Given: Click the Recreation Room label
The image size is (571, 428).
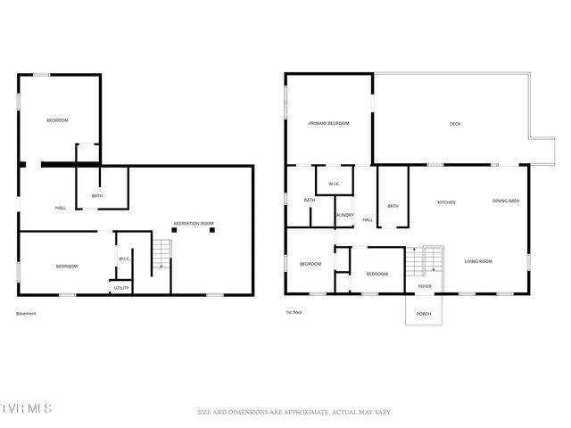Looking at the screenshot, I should coord(194,223).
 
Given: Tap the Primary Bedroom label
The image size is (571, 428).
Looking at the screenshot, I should coord(328,123).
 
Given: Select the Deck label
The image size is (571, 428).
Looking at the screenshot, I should coord(455,124).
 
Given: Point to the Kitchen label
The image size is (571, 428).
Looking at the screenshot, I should coord(446,202).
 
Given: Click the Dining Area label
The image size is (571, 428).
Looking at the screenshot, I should coord(506,202).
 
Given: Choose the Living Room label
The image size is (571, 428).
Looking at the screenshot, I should coord(478,261).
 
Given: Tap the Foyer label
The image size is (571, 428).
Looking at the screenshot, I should coord(425,286).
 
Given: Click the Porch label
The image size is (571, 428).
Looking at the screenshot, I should coord(424,314).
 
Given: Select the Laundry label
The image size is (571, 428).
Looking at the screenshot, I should coord(344,215).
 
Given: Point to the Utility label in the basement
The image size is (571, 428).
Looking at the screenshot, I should coord(121,288).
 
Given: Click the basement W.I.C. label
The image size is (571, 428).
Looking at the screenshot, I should coord(125,259).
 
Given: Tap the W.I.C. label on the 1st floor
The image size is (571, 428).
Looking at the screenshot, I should coord(334,185).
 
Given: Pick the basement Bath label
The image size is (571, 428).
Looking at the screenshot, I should coord(97,196).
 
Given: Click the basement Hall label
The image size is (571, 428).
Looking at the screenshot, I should coord(61,208).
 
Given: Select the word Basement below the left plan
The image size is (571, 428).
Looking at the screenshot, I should coord(27,313).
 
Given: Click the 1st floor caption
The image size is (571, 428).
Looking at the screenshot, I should coord(294,312).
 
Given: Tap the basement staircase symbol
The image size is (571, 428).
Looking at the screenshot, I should coord(161,254).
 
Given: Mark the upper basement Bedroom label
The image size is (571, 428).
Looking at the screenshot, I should coord(58,120).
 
